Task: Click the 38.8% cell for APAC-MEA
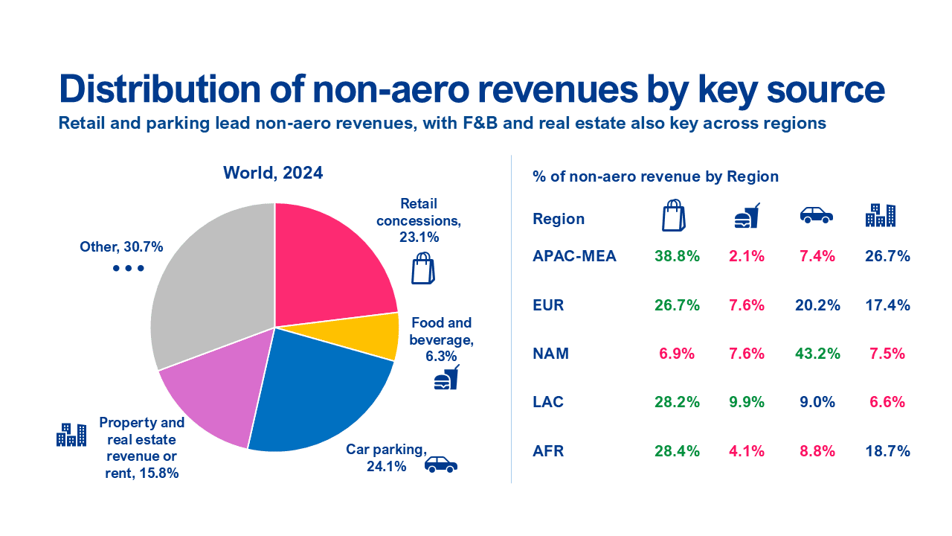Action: [x=677, y=256]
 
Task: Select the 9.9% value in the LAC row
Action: [x=746, y=402]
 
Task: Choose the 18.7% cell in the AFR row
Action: [x=888, y=451]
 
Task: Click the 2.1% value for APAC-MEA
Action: [x=746, y=256]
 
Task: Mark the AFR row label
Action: [x=549, y=451]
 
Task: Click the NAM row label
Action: [x=550, y=354]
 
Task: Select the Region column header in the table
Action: [x=559, y=219]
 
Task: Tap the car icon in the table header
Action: [x=816, y=215]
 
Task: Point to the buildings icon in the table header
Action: [x=880, y=214]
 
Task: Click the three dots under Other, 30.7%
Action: [x=128, y=268]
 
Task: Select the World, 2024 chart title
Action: [x=273, y=173]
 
